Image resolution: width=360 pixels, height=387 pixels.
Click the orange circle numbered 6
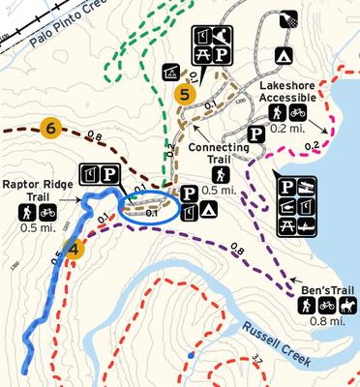click(x=52, y=126)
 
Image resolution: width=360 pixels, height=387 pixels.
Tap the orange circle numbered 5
click(x=185, y=94)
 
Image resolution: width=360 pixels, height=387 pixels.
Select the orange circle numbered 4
click(x=75, y=248)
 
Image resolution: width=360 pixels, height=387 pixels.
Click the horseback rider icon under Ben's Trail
click(x=345, y=305)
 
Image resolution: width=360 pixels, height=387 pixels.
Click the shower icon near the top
click(x=286, y=18)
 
